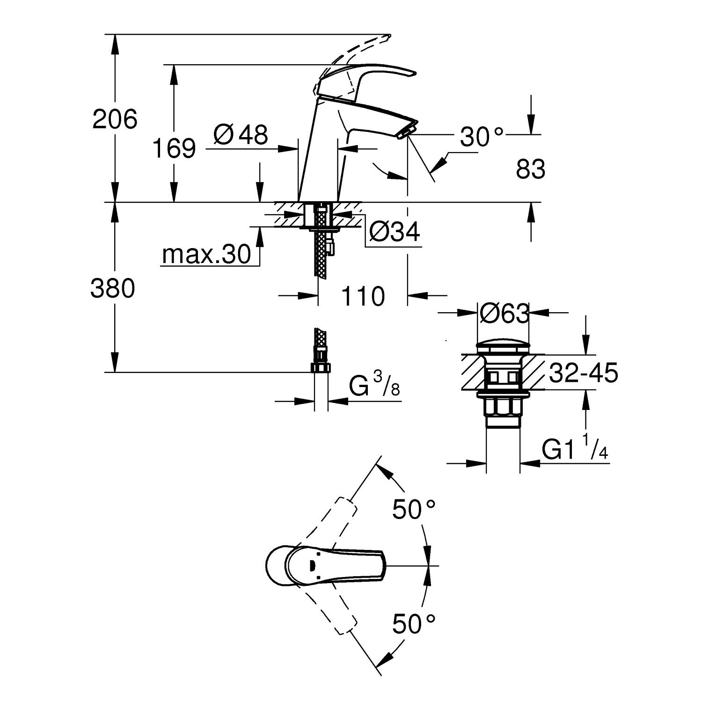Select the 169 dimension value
click(174, 148)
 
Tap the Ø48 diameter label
click(241, 135)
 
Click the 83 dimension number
click(530, 169)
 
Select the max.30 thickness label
click(206, 255)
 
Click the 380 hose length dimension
click(113, 288)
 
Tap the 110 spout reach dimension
click(363, 296)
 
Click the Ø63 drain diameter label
click(504, 313)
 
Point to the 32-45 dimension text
click(583, 373)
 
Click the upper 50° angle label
click(414, 509)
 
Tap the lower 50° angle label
click(414, 623)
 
